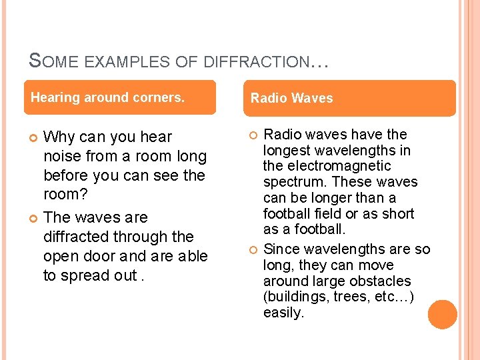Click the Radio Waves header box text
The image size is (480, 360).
click(x=291, y=99)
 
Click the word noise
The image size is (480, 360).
click(x=63, y=157)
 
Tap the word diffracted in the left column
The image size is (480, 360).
click(x=75, y=237)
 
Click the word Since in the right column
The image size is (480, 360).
click(x=281, y=249)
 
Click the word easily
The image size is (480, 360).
click(x=283, y=313)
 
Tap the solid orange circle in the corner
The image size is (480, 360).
click(x=442, y=314)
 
